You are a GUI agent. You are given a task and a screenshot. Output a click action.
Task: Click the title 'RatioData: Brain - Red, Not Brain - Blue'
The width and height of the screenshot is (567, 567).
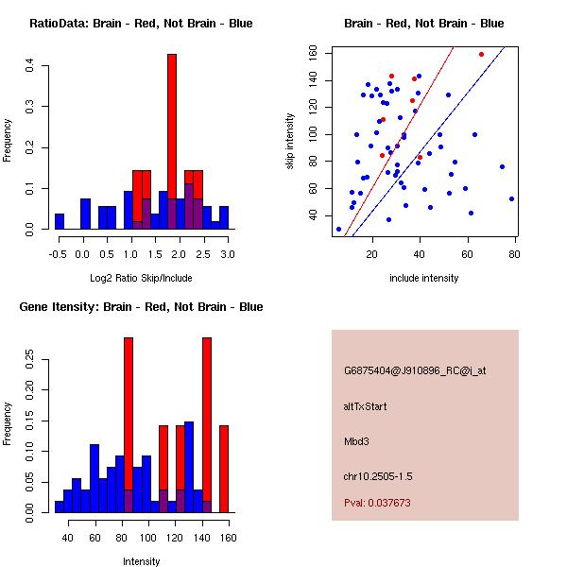pyautogui.click(x=140, y=24)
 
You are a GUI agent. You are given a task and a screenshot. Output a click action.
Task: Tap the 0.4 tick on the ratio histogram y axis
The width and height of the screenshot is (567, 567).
pyautogui.click(x=31, y=65)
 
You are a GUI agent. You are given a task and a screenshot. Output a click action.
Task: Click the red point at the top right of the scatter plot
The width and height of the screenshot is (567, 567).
pyautogui.click(x=481, y=54)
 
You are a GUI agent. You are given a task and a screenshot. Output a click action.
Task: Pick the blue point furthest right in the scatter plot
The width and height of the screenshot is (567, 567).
pyautogui.click(x=511, y=198)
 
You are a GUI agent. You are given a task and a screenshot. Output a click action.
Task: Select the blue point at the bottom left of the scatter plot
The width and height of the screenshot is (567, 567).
pyautogui.click(x=338, y=229)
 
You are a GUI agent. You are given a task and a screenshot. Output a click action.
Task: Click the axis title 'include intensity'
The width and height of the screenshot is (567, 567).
pyautogui.click(x=424, y=278)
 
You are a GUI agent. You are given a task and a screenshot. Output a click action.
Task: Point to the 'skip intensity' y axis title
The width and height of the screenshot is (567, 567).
pyautogui.click(x=291, y=141)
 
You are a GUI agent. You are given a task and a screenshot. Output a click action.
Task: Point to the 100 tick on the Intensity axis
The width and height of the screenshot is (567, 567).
pyautogui.click(x=147, y=538)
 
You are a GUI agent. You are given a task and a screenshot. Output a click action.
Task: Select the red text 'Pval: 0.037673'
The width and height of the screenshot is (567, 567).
pyautogui.click(x=377, y=503)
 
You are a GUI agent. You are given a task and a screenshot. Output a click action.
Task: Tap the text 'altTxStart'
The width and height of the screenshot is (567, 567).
pyautogui.click(x=366, y=406)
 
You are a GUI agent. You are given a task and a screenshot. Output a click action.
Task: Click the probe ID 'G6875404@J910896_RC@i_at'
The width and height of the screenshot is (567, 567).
pyautogui.click(x=415, y=371)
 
